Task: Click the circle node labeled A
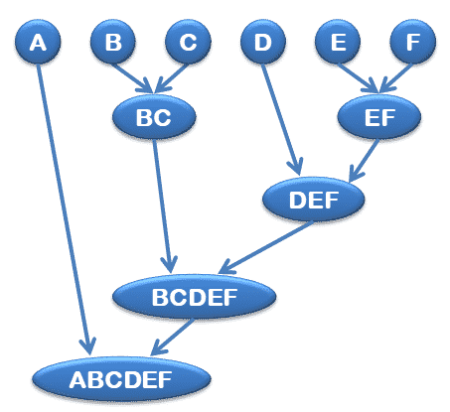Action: pos(38,42)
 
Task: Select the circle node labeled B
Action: pos(113,42)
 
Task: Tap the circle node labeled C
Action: pos(188,42)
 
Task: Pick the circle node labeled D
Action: pos(263,42)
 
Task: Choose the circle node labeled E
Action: pos(338,42)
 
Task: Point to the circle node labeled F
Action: pos(413,42)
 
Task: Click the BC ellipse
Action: pos(154,117)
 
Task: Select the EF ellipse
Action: pos(379,117)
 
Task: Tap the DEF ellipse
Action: pos(313,200)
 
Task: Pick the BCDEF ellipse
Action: pos(194,297)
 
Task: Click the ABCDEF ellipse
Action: pos(121,379)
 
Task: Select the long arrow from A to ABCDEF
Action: pos(64,209)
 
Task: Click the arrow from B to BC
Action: pos(132,78)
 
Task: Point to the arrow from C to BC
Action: pos(171,78)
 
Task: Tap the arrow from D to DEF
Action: pos(281,119)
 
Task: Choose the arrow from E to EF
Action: pos(359,78)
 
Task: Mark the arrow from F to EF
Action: pos(396,78)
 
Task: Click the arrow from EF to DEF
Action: pos(364,161)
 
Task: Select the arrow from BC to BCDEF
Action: pos(163,206)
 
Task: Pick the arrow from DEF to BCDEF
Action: pos(265,247)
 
